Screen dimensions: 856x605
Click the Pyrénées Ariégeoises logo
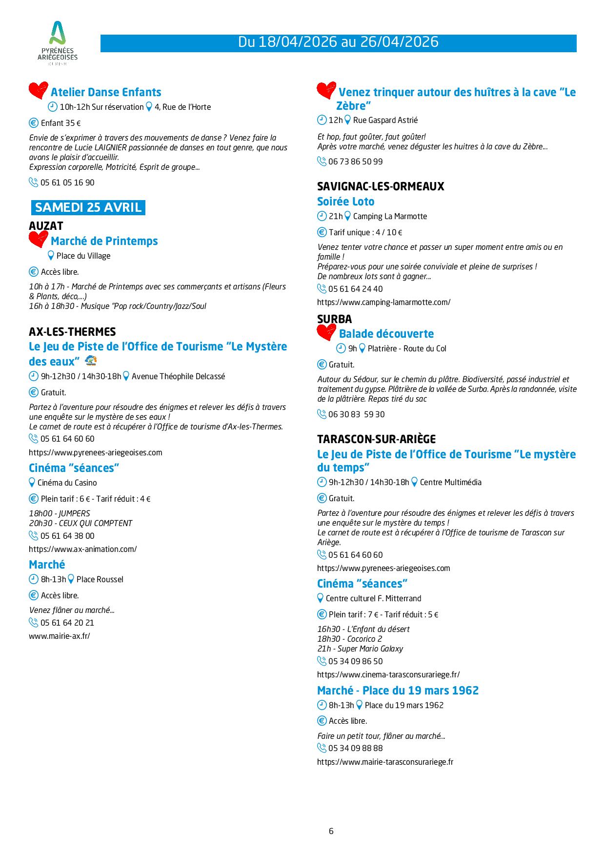(x=58, y=43)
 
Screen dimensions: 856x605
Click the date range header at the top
(x=338, y=42)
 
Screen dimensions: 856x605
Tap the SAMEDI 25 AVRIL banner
(x=88, y=207)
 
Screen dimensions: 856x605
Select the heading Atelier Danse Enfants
(x=106, y=92)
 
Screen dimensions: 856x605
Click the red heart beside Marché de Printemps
(x=38, y=240)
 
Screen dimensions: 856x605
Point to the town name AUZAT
(x=46, y=225)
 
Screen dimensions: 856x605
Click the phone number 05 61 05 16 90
(x=67, y=183)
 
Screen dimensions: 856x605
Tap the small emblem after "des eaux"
(x=91, y=361)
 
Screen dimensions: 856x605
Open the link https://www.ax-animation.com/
(x=82, y=549)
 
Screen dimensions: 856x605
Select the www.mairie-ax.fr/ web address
(x=60, y=636)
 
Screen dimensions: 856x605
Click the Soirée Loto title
(x=345, y=202)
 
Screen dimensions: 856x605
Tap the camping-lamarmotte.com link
(x=383, y=302)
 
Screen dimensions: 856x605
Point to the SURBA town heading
(x=334, y=319)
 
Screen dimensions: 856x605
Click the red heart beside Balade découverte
(x=326, y=333)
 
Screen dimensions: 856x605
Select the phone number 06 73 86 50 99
(x=355, y=162)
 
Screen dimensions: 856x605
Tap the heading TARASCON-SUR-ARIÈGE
(x=376, y=439)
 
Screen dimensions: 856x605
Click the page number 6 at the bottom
(x=331, y=831)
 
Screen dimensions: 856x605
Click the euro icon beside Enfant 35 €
(x=34, y=123)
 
